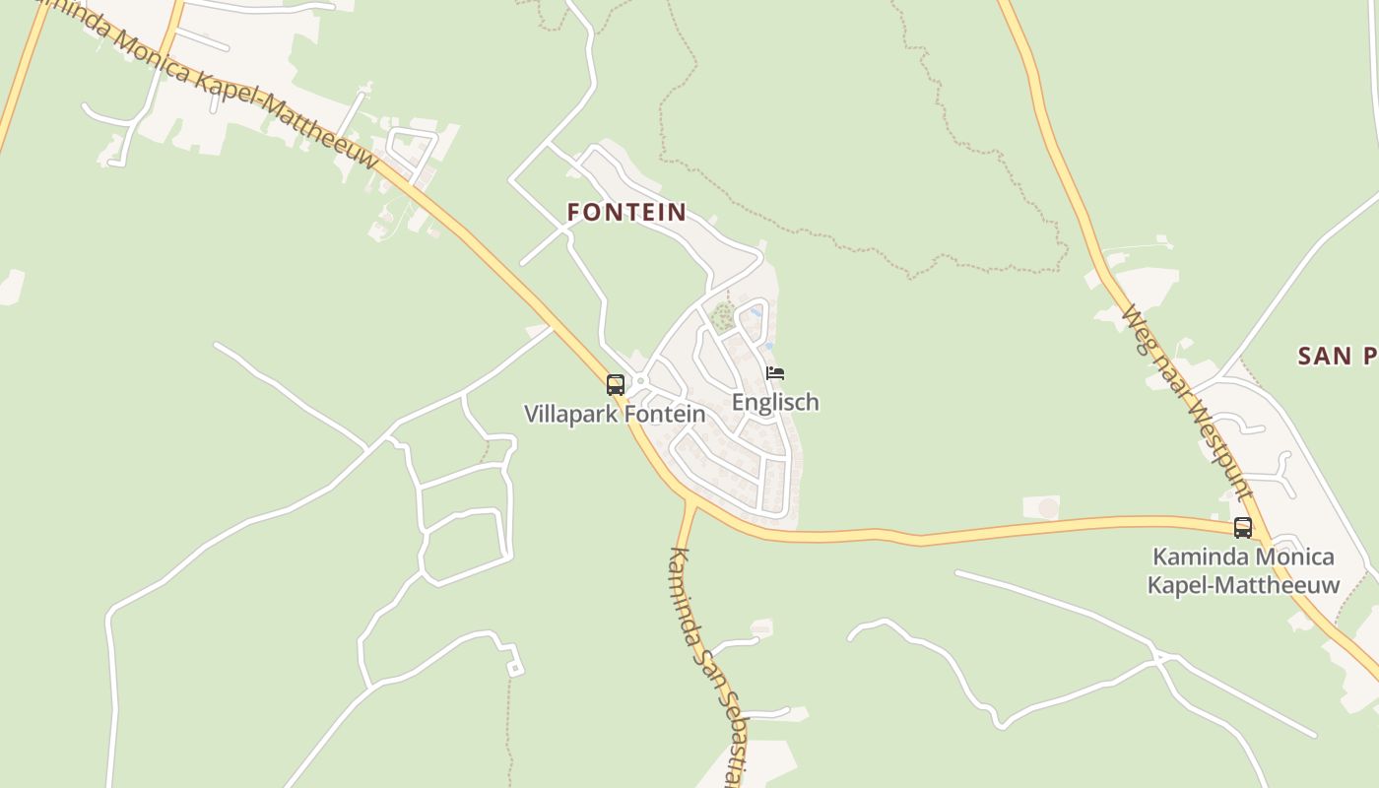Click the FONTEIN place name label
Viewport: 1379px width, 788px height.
click(x=626, y=212)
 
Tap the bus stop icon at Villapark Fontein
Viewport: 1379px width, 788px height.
click(x=616, y=385)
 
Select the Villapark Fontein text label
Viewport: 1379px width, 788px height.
click(x=615, y=414)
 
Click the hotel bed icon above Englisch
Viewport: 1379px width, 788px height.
click(x=775, y=373)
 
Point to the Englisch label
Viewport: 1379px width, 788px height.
click(x=775, y=402)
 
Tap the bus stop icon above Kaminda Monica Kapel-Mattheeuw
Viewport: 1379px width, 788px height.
click(x=1243, y=528)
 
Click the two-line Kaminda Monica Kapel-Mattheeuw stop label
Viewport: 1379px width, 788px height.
click(x=1243, y=570)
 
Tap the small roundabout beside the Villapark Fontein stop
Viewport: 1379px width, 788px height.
click(x=640, y=381)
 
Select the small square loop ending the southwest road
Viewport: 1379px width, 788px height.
click(x=514, y=669)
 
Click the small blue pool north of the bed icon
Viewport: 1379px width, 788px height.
click(x=755, y=312)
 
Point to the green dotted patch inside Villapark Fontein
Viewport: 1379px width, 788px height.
click(x=724, y=316)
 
